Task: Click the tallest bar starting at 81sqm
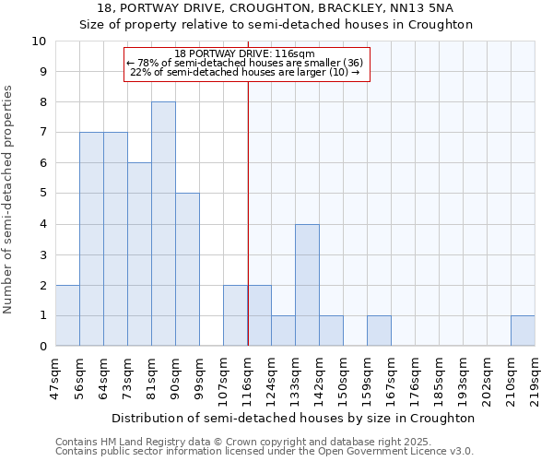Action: pos(163,224)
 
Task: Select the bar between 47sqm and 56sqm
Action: pos(67,315)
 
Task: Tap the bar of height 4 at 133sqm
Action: pos(307,285)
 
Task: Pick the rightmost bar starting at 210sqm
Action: pos(523,331)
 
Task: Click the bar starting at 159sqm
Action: pos(379,331)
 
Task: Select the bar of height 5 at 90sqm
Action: pos(187,269)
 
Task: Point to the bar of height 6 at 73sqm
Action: pos(139,254)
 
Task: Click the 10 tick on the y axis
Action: pos(39,41)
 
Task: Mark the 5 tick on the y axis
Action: pos(42,194)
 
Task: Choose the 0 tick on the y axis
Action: pos(42,347)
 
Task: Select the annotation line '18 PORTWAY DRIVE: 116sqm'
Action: pos(245,53)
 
